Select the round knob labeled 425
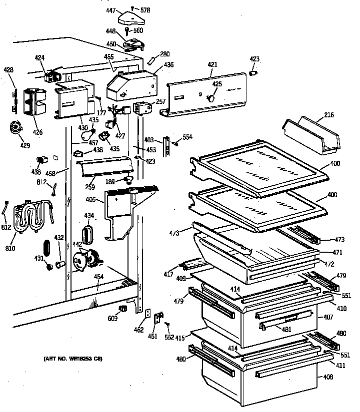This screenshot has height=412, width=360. tap(212, 98)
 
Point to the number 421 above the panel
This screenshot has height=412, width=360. tap(213, 65)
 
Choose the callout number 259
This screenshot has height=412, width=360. tap(89, 187)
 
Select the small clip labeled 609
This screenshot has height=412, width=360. tap(122, 308)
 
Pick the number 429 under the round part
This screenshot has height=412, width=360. tap(25, 145)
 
